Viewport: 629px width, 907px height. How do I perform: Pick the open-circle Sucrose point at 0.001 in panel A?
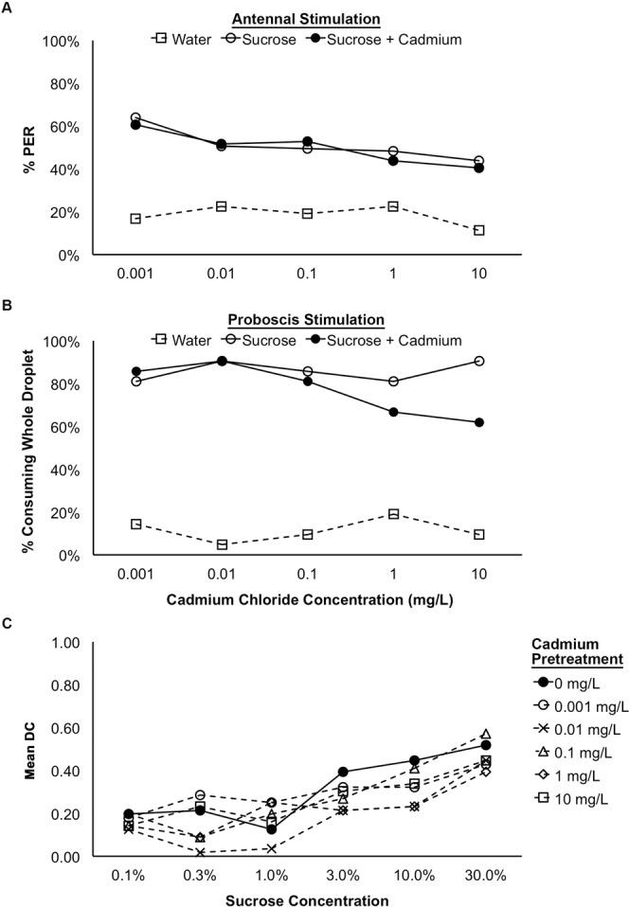click(x=135, y=117)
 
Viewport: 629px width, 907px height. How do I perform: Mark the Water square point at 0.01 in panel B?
click(x=222, y=544)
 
